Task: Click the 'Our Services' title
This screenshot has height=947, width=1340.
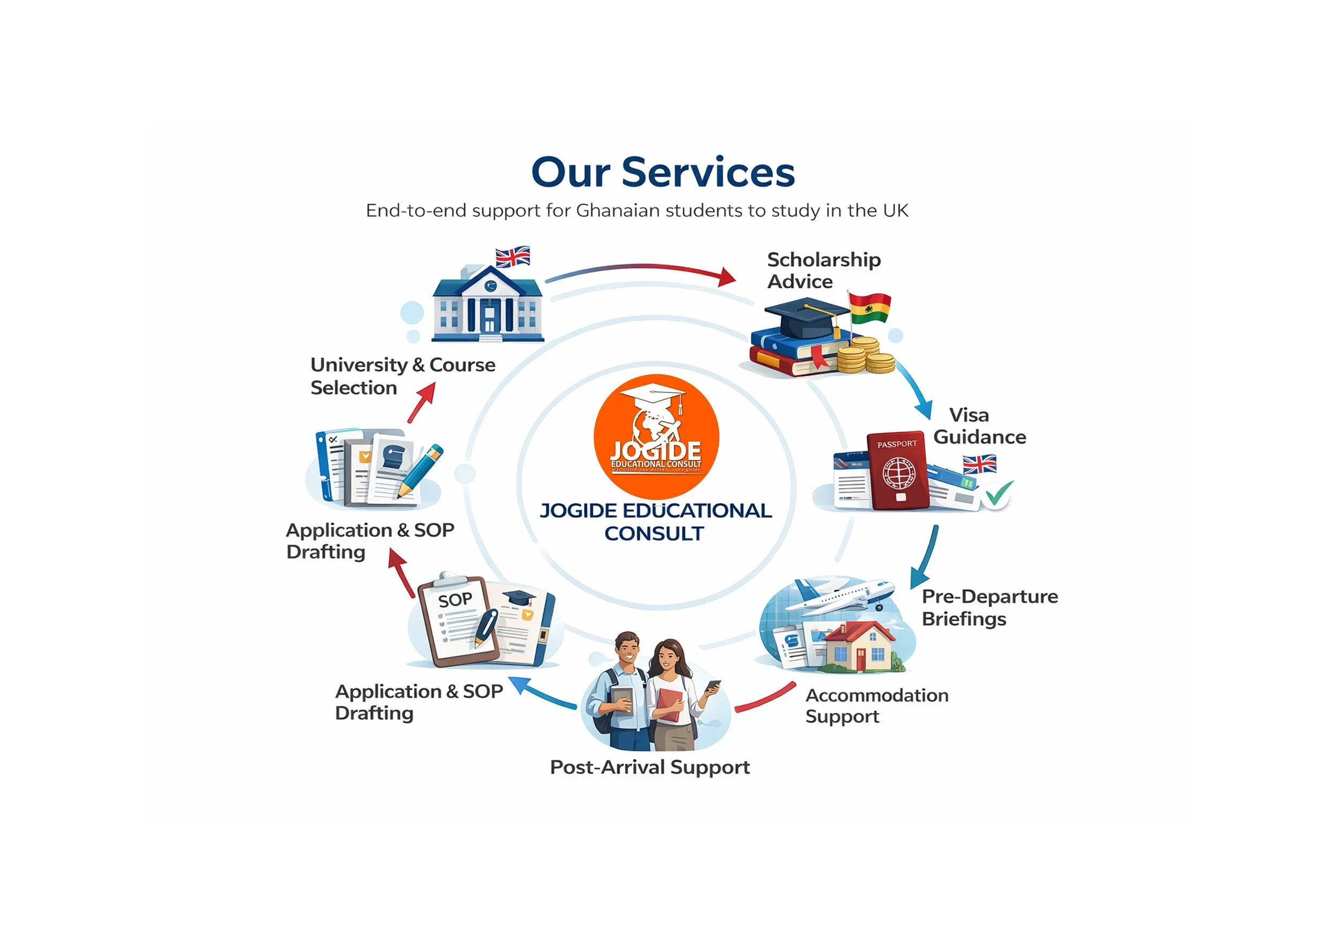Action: (662, 172)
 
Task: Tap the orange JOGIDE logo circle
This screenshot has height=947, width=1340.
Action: (656, 436)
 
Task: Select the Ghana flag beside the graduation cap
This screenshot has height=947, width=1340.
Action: (869, 308)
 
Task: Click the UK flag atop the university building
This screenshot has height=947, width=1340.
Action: (512, 257)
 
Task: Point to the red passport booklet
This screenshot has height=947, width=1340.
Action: (897, 471)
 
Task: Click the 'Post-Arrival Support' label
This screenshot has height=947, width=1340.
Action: (650, 767)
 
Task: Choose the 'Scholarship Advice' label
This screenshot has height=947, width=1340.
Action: (823, 270)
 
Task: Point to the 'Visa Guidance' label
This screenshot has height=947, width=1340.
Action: (979, 426)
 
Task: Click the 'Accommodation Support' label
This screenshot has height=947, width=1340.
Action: (876, 705)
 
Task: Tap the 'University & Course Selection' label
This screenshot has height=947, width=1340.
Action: (403, 376)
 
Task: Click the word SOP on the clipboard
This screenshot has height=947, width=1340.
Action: (455, 600)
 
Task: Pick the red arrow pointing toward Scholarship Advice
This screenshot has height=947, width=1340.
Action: (642, 271)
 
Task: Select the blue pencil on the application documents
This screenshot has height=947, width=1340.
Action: (421, 469)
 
